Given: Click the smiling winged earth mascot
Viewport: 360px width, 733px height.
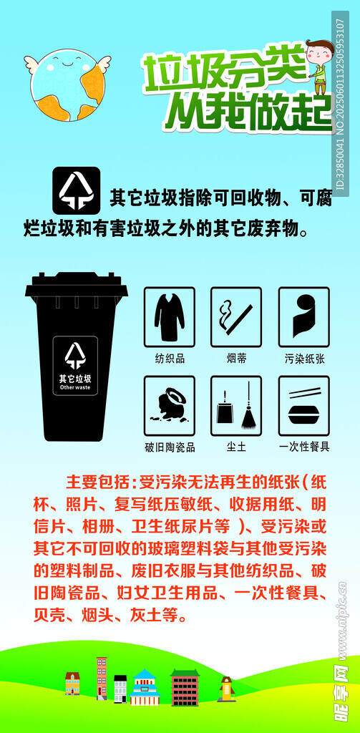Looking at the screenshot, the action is (68, 84).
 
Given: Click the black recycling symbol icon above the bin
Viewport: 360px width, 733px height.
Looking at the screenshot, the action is (76, 190).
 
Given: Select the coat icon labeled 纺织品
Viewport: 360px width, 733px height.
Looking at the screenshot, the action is (169, 317).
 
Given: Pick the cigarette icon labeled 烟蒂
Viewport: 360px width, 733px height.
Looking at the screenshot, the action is (236, 317).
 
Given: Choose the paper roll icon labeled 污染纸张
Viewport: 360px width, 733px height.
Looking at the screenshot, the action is (304, 317).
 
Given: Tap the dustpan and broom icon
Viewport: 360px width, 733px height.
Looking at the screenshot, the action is (236, 405).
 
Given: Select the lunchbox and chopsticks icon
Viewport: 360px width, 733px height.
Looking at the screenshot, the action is (304, 405).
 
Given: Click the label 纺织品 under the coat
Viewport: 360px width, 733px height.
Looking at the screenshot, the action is (170, 359).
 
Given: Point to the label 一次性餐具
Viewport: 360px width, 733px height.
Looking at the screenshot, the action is (304, 447).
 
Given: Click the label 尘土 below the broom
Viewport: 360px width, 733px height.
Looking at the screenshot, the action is (236, 447).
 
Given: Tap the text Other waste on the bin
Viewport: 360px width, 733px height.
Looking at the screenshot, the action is (75, 387).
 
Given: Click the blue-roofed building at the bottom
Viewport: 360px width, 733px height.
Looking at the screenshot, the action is (145, 686).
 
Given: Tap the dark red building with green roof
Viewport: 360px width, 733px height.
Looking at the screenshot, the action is (185, 687).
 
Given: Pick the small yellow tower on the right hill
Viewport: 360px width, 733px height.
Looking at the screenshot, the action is (226, 689).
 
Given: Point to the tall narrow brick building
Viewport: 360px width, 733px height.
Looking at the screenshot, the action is (102, 678).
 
